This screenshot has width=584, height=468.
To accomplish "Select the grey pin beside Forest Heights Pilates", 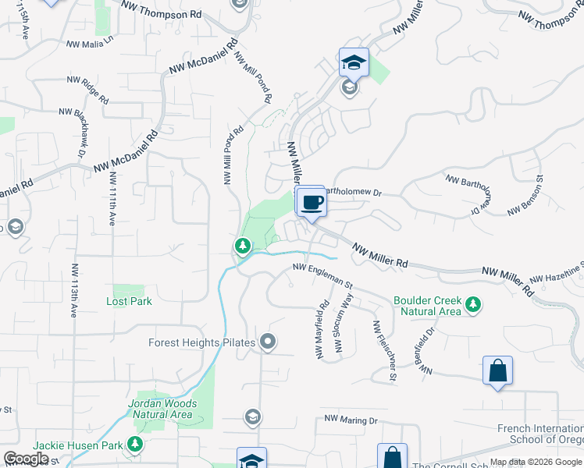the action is [269, 342].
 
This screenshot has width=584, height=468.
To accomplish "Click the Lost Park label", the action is [129, 301].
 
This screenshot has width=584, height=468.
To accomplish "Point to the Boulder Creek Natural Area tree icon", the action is [472, 304].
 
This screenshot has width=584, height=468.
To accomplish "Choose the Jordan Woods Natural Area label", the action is [162, 409].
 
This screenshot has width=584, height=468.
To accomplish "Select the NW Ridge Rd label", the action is [87, 90].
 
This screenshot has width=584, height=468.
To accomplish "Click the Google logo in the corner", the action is [26, 459].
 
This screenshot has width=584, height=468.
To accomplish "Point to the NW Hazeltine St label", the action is [557, 276].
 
